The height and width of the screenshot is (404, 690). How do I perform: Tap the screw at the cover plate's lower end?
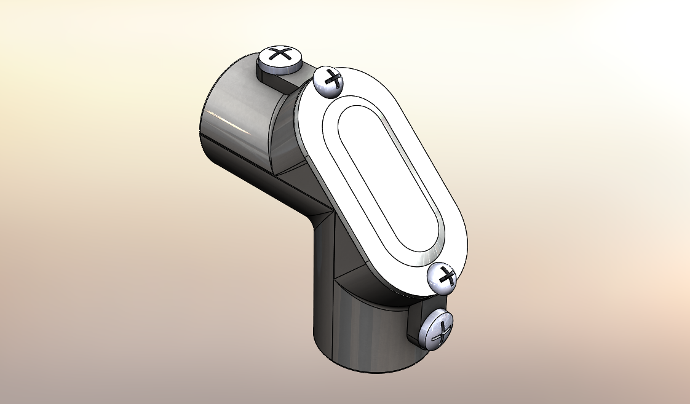(x=443, y=279)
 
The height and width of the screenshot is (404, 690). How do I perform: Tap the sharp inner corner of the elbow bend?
(x=331, y=208)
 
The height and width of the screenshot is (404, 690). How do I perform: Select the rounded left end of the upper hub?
(x=206, y=123)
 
